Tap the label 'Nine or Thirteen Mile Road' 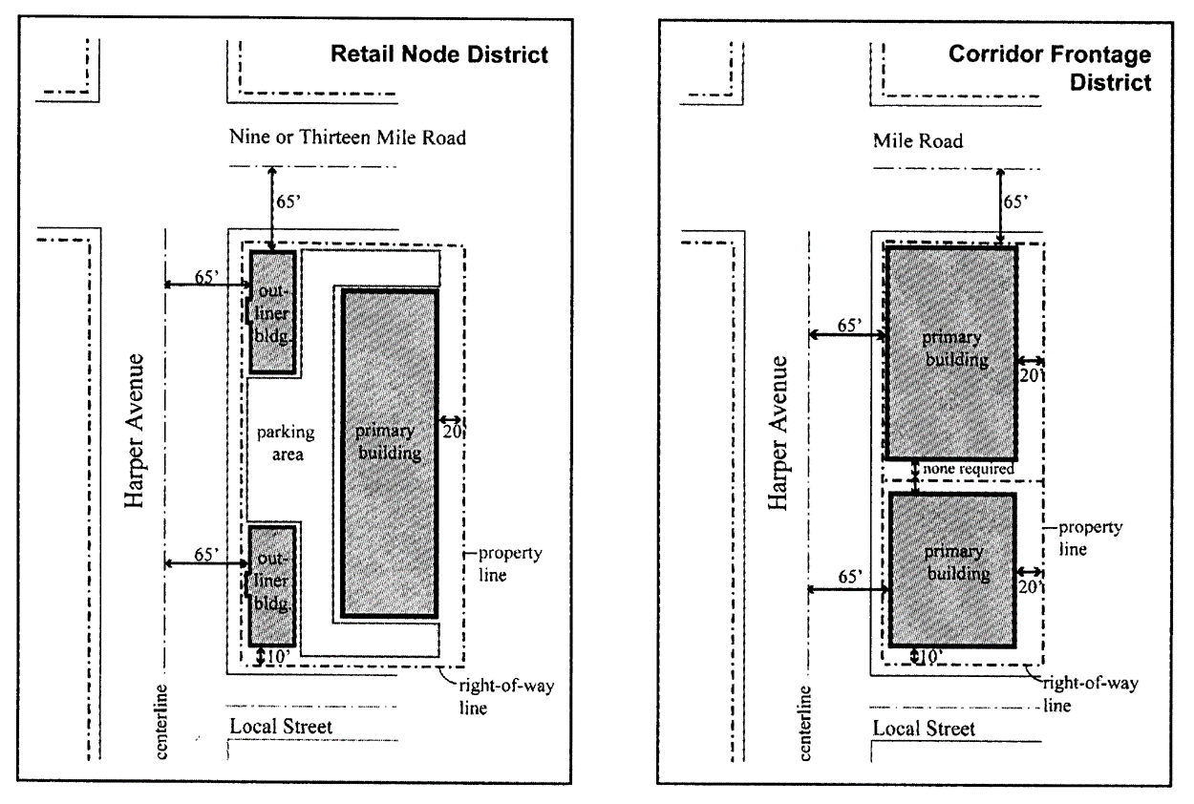click(347, 138)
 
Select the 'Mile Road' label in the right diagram click(918, 140)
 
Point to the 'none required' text click(968, 469)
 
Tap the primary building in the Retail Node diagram click(389, 454)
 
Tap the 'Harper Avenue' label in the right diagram click(780, 432)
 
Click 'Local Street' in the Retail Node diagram click(281, 727)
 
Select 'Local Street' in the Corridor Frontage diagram click(924, 729)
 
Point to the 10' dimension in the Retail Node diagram click(276, 655)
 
